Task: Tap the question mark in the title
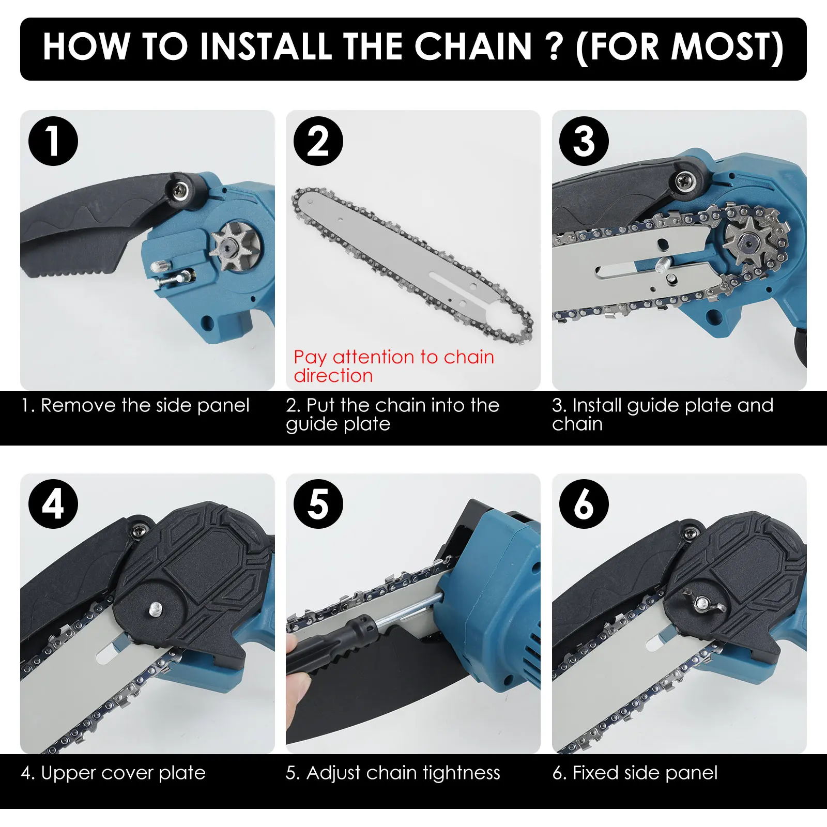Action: click(554, 47)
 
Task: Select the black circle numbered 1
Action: click(53, 141)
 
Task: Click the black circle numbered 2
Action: click(318, 141)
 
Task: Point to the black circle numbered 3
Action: click(584, 141)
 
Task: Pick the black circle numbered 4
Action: click(53, 504)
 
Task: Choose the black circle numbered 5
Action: click(318, 504)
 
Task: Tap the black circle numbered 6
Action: click(584, 504)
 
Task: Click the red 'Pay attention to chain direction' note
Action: click(394, 366)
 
